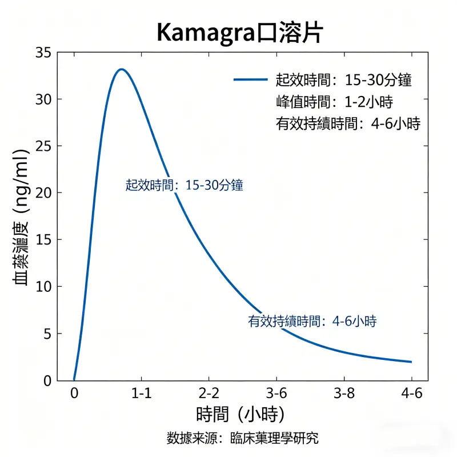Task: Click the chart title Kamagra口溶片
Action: [239, 34]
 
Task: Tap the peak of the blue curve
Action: [121, 69]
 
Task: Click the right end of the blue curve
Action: [411, 362]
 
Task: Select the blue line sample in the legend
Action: [251, 80]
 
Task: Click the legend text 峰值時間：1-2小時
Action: [334, 102]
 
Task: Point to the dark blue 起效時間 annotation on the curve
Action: [185, 185]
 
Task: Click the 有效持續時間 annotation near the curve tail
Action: [312, 321]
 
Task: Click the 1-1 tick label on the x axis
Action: [141, 394]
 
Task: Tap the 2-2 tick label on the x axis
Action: [209, 394]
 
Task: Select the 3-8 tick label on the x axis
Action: [343, 394]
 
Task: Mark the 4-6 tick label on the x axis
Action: [411, 394]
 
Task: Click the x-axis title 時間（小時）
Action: [240, 414]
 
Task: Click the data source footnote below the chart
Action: [242, 439]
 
